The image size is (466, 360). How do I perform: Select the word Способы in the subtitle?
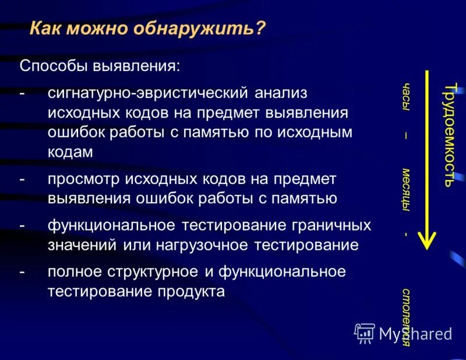(x=53, y=65)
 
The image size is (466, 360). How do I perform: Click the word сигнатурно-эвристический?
(x=150, y=94)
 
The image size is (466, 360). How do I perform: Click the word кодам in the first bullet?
(x=70, y=151)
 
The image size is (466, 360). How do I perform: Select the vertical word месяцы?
(x=405, y=190)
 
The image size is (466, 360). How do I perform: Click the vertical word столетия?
(x=405, y=316)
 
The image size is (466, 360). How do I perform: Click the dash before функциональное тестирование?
(x=22, y=225)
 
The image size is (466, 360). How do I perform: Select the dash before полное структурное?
(x=22, y=272)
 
